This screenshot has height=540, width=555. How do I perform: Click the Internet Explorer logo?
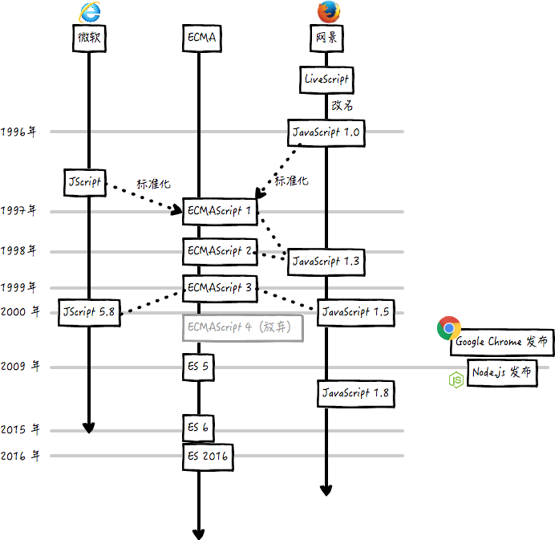(x=89, y=12)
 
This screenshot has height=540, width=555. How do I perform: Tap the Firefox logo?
(x=326, y=12)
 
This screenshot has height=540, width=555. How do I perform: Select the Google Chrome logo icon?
(x=448, y=327)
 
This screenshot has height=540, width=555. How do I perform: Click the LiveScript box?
(x=326, y=79)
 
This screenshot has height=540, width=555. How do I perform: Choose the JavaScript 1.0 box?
(x=326, y=132)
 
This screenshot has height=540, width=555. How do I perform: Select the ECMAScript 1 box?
(x=220, y=211)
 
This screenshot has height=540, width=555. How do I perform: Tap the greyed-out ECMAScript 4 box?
(x=244, y=328)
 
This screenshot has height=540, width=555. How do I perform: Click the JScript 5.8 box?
(x=89, y=312)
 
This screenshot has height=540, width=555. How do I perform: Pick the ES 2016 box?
(x=208, y=457)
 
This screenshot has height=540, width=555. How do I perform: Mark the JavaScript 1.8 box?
(x=355, y=393)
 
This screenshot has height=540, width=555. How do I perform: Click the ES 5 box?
(x=198, y=367)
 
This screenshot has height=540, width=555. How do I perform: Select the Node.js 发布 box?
(x=499, y=373)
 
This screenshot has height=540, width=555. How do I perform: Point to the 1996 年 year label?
(x=18, y=132)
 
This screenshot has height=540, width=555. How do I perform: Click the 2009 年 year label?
(x=20, y=367)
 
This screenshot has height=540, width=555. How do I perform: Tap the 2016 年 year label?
(x=20, y=456)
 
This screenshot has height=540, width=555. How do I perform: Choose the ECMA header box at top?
(x=202, y=38)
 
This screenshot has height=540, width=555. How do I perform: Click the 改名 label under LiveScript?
(x=342, y=105)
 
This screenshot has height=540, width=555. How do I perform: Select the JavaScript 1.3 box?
(x=326, y=261)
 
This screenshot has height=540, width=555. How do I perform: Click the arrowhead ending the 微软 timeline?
(x=89, y=427)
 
